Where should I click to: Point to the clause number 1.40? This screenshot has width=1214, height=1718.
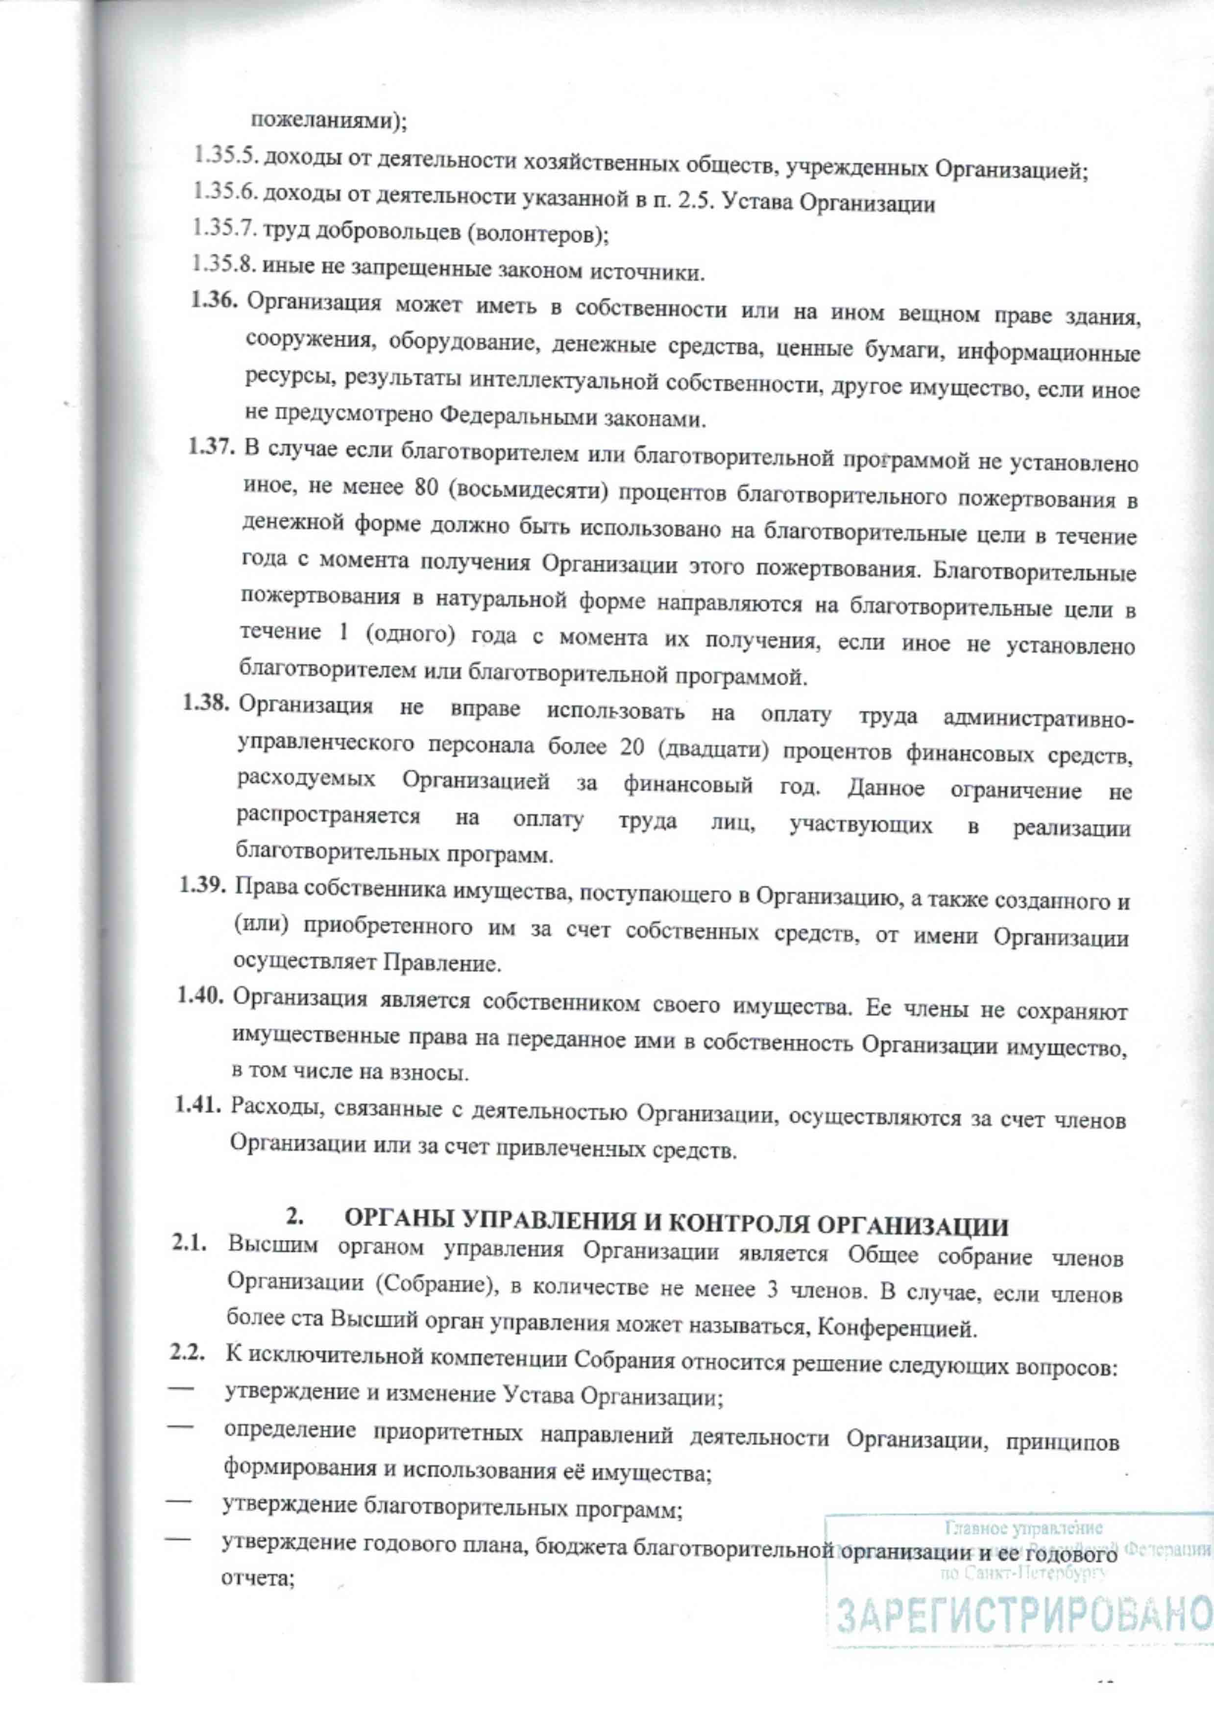click(200, 996)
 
